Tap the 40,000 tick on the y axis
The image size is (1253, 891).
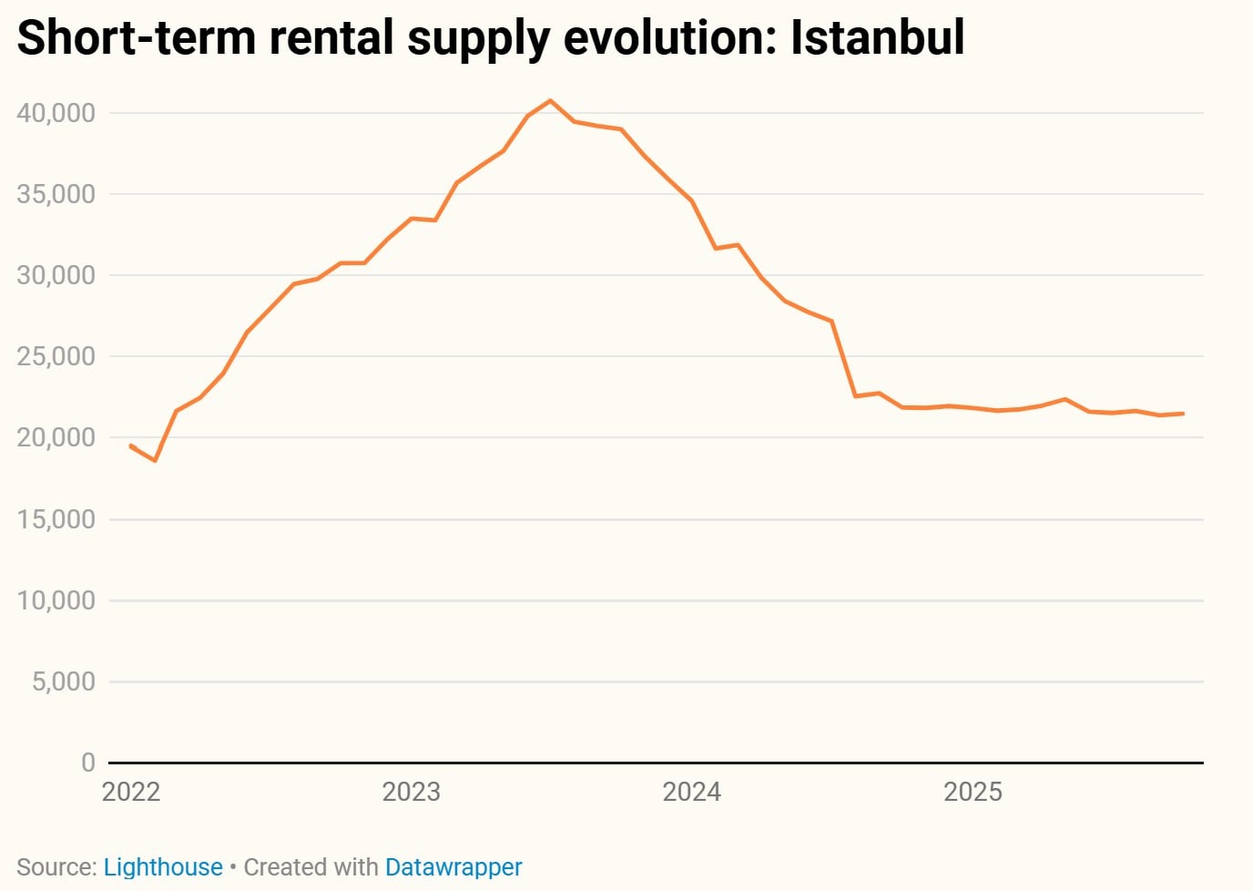tap(56, 113)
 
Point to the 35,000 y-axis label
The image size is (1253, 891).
tap(56, 194)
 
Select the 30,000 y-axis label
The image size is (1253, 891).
tap(56, 275)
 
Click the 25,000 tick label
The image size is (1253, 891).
tap(56, 356)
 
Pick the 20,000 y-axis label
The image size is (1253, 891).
tap(56, 437)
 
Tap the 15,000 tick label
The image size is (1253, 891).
tap(56, 519)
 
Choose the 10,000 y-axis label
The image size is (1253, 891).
tap(56, 600)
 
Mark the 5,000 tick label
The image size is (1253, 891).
tap(63, 681)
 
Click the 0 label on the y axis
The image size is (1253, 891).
tap(87, 762)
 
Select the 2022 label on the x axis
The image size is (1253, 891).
tap(131, 792)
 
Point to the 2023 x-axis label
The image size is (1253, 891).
tap(411, 792)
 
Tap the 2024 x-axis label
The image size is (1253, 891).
tap(691, 792)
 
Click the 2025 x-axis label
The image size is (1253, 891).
tap(973, 792)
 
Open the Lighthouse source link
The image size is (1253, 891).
tap(163, 867)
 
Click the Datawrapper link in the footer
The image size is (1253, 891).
tap(453, 867)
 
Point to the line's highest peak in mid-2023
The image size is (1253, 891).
tap(550, 100)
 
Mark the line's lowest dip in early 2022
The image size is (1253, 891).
tap(155, 461)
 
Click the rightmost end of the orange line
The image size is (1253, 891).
tap(1183, 414)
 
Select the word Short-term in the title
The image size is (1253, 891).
tap(138, 38)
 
